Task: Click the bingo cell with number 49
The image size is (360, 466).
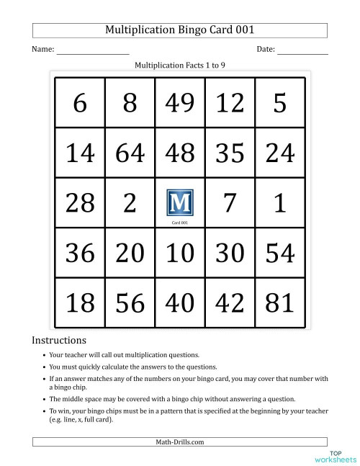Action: (179, 104)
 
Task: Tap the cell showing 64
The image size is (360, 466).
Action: (130, 153)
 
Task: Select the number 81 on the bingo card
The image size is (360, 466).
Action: (279, 303)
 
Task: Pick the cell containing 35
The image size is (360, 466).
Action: (230, 153)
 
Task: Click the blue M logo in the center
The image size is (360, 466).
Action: (179, 202)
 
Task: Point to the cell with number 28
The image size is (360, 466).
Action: (80, 203)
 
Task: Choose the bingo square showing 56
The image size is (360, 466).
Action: (130, 303)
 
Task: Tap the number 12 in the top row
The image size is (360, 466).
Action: (230, 104)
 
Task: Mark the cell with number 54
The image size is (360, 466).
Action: (279, 253)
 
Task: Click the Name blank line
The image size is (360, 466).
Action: (93, 51)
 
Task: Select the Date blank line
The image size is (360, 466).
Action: (302, 51)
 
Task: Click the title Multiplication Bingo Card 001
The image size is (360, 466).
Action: (179, 30)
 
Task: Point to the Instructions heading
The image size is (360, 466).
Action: (59, 340)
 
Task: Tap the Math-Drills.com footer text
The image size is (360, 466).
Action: (179, 442)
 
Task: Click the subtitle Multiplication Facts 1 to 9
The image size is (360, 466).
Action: (180, 65)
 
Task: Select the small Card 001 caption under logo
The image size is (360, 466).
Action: (179, 223)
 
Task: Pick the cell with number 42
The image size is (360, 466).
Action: (230, 303)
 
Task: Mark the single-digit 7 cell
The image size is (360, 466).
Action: (230, 203)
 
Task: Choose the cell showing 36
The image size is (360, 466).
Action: (80, 253)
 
